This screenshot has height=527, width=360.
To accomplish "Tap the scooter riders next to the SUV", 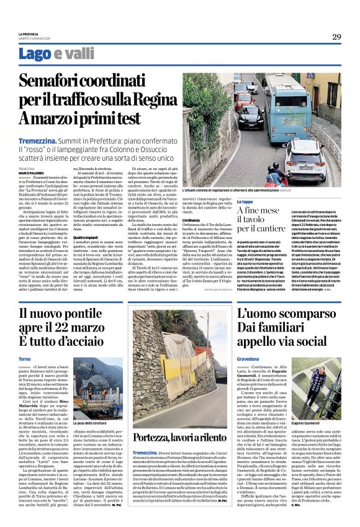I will [273, 174].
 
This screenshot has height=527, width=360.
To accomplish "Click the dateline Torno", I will [24, 359].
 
